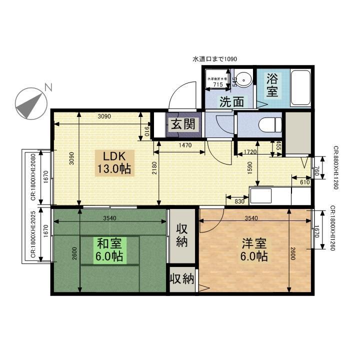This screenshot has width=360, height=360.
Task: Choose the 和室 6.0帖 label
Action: pyautogui.click(x=110, y=250)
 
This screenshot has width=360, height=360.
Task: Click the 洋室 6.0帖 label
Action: pyautogui.click(x=254, y=250)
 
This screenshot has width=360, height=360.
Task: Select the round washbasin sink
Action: pyautogui.click(x=244, y=79)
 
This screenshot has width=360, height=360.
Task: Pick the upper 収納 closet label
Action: pyautogui.click(x=181, y=235)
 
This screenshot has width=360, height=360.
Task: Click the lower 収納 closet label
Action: pyautogui.click(x=181, y=278)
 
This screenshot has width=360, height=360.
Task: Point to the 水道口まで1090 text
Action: pyautogui.click(x=214, y=58)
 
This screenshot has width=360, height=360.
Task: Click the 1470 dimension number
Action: pyautogui.click(x=185, y=145)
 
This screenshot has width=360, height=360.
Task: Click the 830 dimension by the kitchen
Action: pyautogui.click(x=239, y=201)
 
